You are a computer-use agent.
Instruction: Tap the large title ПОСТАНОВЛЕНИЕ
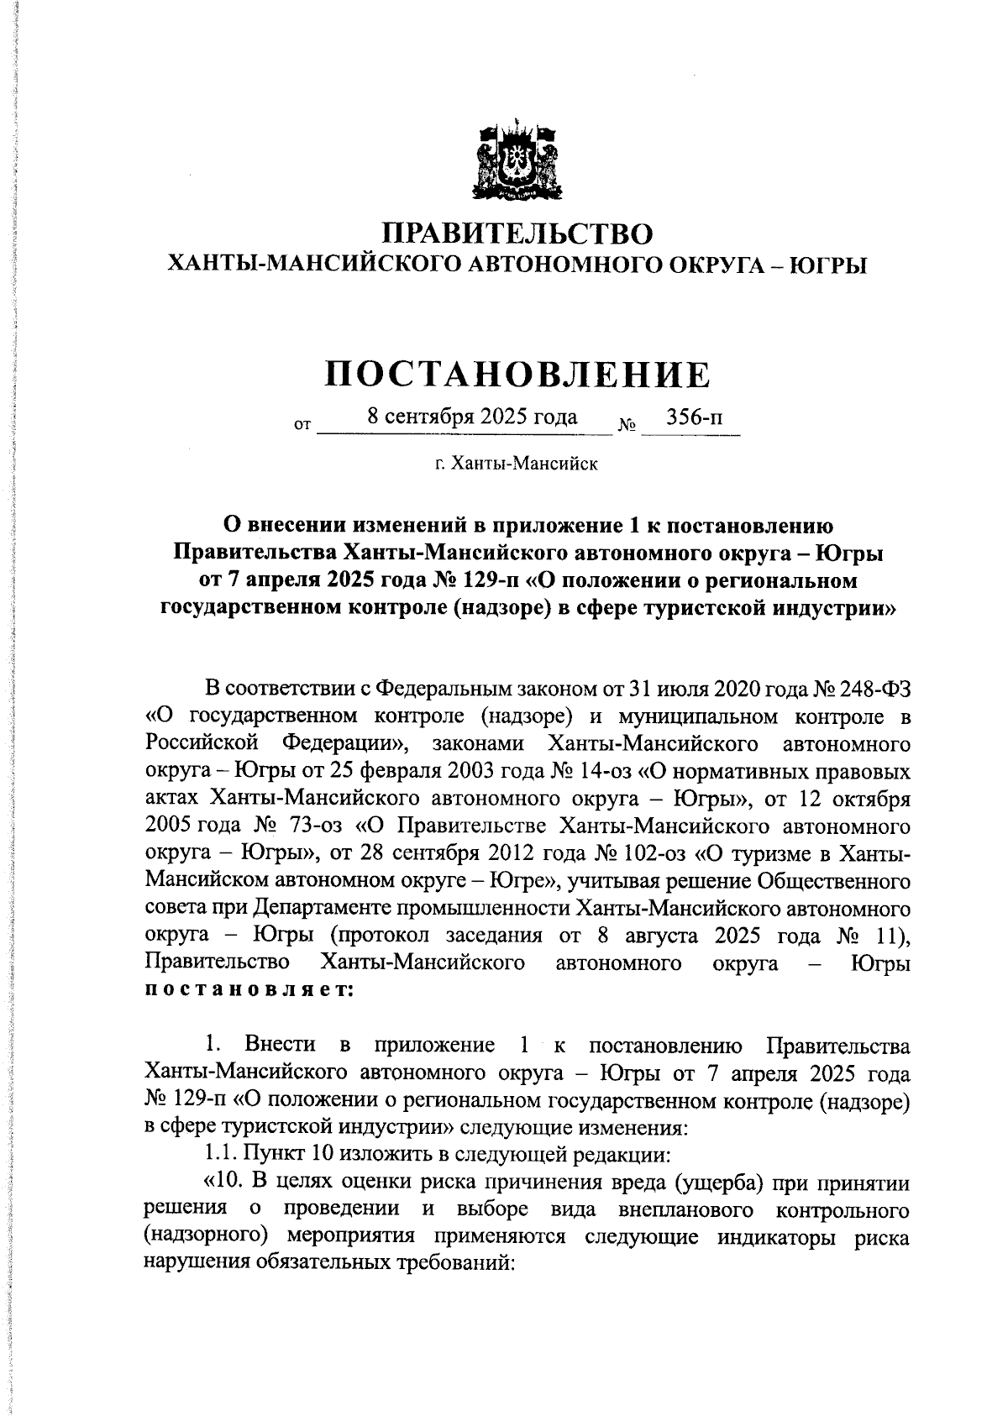(x=517, y=375)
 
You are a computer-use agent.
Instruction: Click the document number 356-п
(x=693, y=417)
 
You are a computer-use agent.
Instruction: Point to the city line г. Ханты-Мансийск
(x=517, y=464)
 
